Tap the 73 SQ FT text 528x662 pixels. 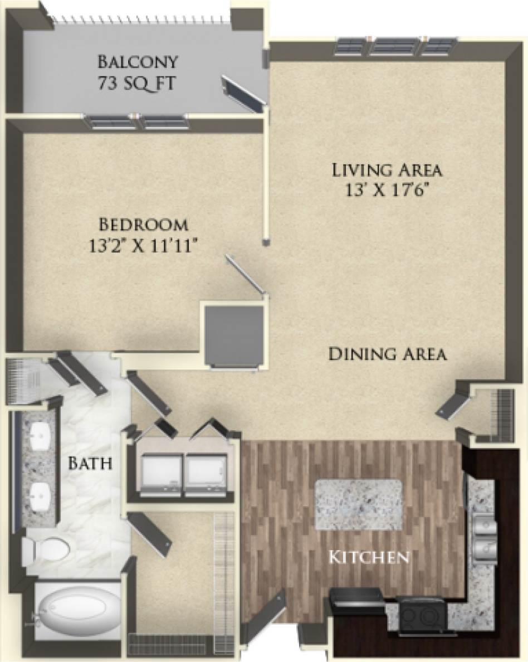pyautogui.click(x=137, y=84)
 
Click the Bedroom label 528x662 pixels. pyautogui.click(x=143, y=225)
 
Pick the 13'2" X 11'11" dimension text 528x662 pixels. pyautogui.click(x=143, y=246)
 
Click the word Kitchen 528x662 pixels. pyautogui.click(x=368, y=557)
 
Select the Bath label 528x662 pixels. pyautogui.click(x=91, y=463)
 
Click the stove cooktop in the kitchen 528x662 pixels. pyautogui.click(x=421, y=615)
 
